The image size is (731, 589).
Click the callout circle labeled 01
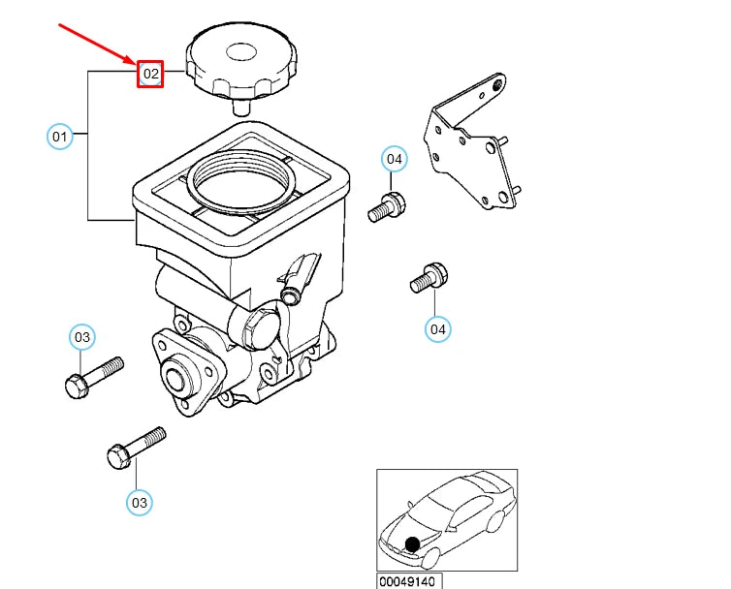(60, 137)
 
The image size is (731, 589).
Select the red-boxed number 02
(150, 74)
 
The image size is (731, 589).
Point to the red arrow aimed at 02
(97, 45)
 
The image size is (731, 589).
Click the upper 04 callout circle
(393, 159)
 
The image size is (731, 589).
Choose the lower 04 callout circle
(438, 329)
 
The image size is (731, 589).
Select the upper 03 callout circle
(82, 337)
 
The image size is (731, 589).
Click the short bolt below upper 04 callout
(387, 207)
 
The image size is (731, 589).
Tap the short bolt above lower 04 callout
(428, 278)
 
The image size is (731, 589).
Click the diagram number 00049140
(410, 581)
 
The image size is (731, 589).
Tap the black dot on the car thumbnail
(413, 544)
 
